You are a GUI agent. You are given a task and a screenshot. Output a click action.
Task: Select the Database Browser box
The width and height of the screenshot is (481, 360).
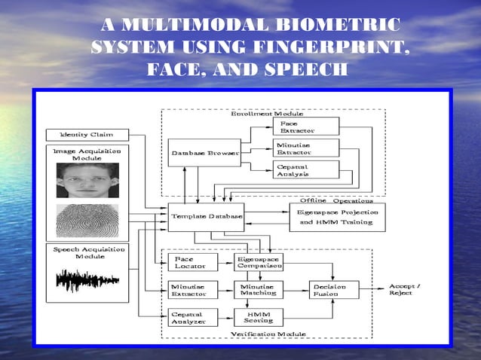click(x=204, y=153)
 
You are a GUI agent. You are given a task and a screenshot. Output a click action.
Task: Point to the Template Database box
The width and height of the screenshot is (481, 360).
click(x=206, y=217)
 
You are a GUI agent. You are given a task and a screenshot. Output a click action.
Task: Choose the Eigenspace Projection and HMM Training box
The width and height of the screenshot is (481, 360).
click(x=336, y=217)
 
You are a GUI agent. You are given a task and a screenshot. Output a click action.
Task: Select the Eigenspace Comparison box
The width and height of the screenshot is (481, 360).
click(x=259, y=262)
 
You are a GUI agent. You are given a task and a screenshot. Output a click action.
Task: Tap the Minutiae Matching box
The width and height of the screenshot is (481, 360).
click(x=259, y=290)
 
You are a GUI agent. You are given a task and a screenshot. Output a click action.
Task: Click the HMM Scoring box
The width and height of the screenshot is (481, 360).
click(x=259, y=317)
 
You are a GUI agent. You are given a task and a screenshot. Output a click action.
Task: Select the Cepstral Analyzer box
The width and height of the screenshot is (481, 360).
click(x=191, y=317)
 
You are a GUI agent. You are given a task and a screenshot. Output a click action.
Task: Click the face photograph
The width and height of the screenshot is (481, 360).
click(x=87, y=181)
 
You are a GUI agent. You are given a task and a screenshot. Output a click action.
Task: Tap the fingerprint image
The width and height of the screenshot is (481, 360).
click(x=87, y=221)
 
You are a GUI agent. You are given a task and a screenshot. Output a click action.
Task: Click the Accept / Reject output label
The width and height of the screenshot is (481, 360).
click(x=406, y=290)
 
